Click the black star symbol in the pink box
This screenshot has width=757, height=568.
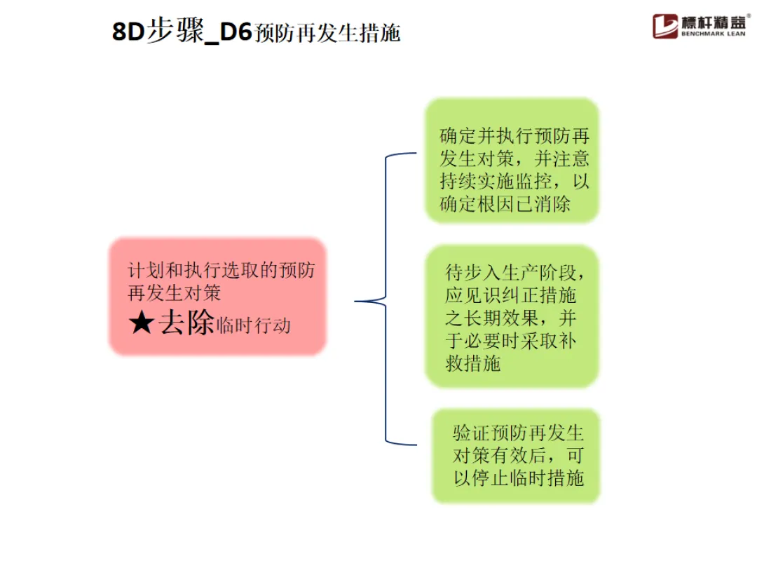pos(141,323)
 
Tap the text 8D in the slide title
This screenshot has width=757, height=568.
pos(128,32)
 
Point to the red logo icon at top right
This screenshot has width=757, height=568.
pos(665,26)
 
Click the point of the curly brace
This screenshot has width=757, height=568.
pos(356,302)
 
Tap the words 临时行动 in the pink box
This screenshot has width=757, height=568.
pos(254,325)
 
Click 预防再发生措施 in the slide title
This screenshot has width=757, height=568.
pos(327,34)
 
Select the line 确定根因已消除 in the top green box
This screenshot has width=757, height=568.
pos(505,204)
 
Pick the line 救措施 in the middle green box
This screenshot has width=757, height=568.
pos(472,364)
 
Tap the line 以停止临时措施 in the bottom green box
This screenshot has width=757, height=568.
pos(519,479)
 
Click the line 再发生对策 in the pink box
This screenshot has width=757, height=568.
pos(175,292)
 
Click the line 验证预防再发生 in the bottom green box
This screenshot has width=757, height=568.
pos(518,432)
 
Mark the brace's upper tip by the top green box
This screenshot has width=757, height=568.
pos(416,154)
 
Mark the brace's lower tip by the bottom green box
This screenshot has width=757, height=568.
pos(416,443)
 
